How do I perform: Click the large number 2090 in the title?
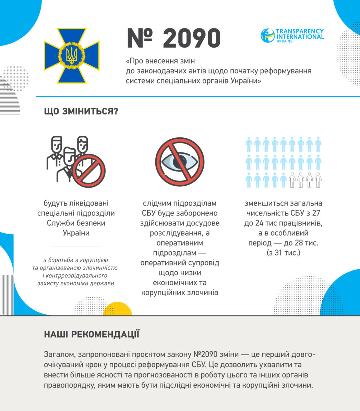pos(191,38)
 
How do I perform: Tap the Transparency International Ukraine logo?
pos(292,36)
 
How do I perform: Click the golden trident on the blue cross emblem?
pos(72,55)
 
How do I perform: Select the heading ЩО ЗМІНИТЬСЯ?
pos(81,112)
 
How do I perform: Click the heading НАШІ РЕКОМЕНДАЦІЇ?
pos(92,334)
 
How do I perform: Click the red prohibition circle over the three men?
pos(89,171)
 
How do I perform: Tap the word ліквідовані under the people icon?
pos(82,203)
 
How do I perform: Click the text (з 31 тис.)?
pos(283,253)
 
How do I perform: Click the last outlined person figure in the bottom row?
pos(318,180)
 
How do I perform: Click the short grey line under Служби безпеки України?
pos(76,246)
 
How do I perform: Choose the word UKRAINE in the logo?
pos(284,41)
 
